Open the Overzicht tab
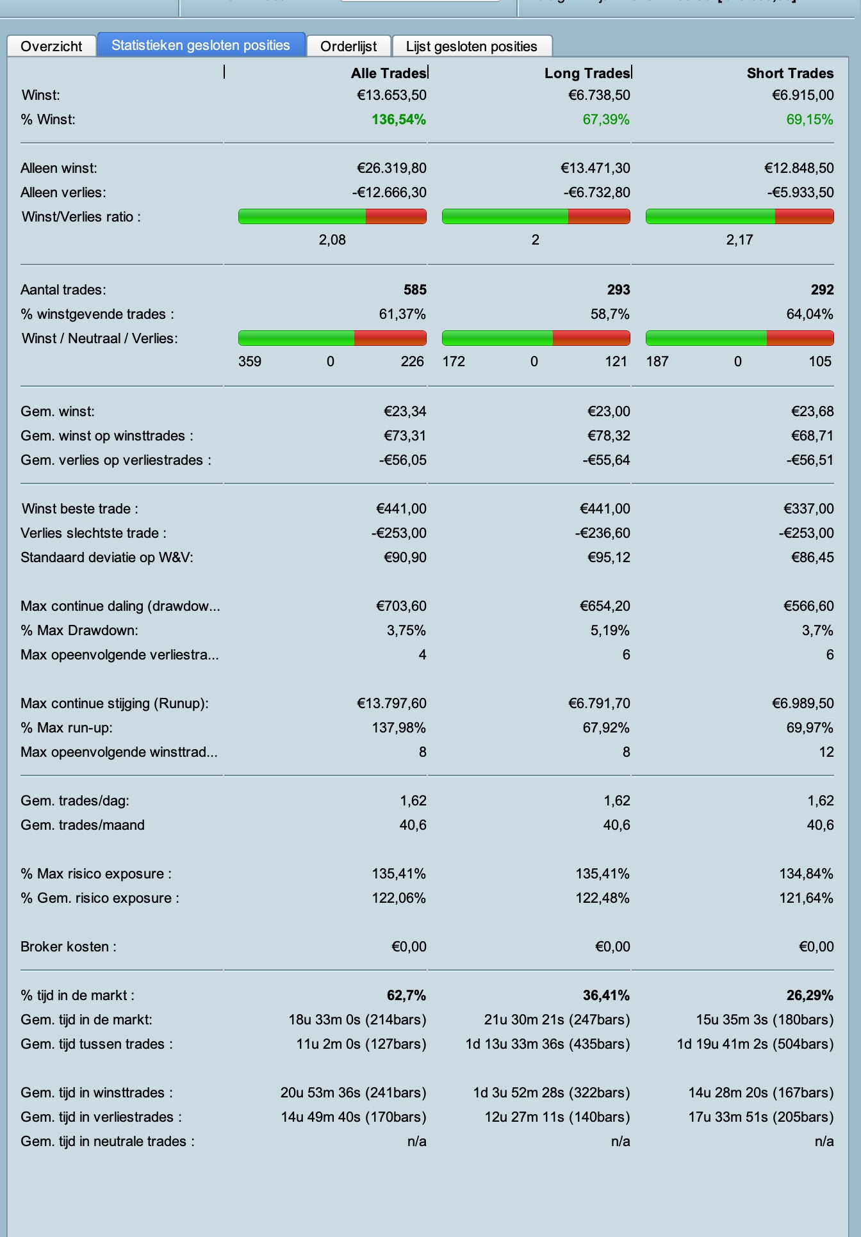point(51,46)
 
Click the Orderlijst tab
point(348,46)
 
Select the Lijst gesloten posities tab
point(471,46)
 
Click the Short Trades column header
point(790,73)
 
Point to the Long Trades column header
point(587,73)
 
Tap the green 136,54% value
point(398,120)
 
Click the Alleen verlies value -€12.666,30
point(389,193)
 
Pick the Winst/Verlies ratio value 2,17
point(739,240)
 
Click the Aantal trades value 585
point(414,290)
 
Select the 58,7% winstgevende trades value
point(609,314)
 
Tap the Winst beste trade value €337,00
point(808,509)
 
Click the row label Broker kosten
point(68,947)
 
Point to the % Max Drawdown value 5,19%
point(609,631)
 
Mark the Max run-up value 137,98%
point(398,728)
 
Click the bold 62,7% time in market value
point(406,996)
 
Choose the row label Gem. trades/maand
point(82,825)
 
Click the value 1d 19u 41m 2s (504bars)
point(755,1044)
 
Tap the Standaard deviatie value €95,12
point(609,558)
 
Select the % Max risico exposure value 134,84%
point(806,874)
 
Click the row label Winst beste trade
point(79,509)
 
